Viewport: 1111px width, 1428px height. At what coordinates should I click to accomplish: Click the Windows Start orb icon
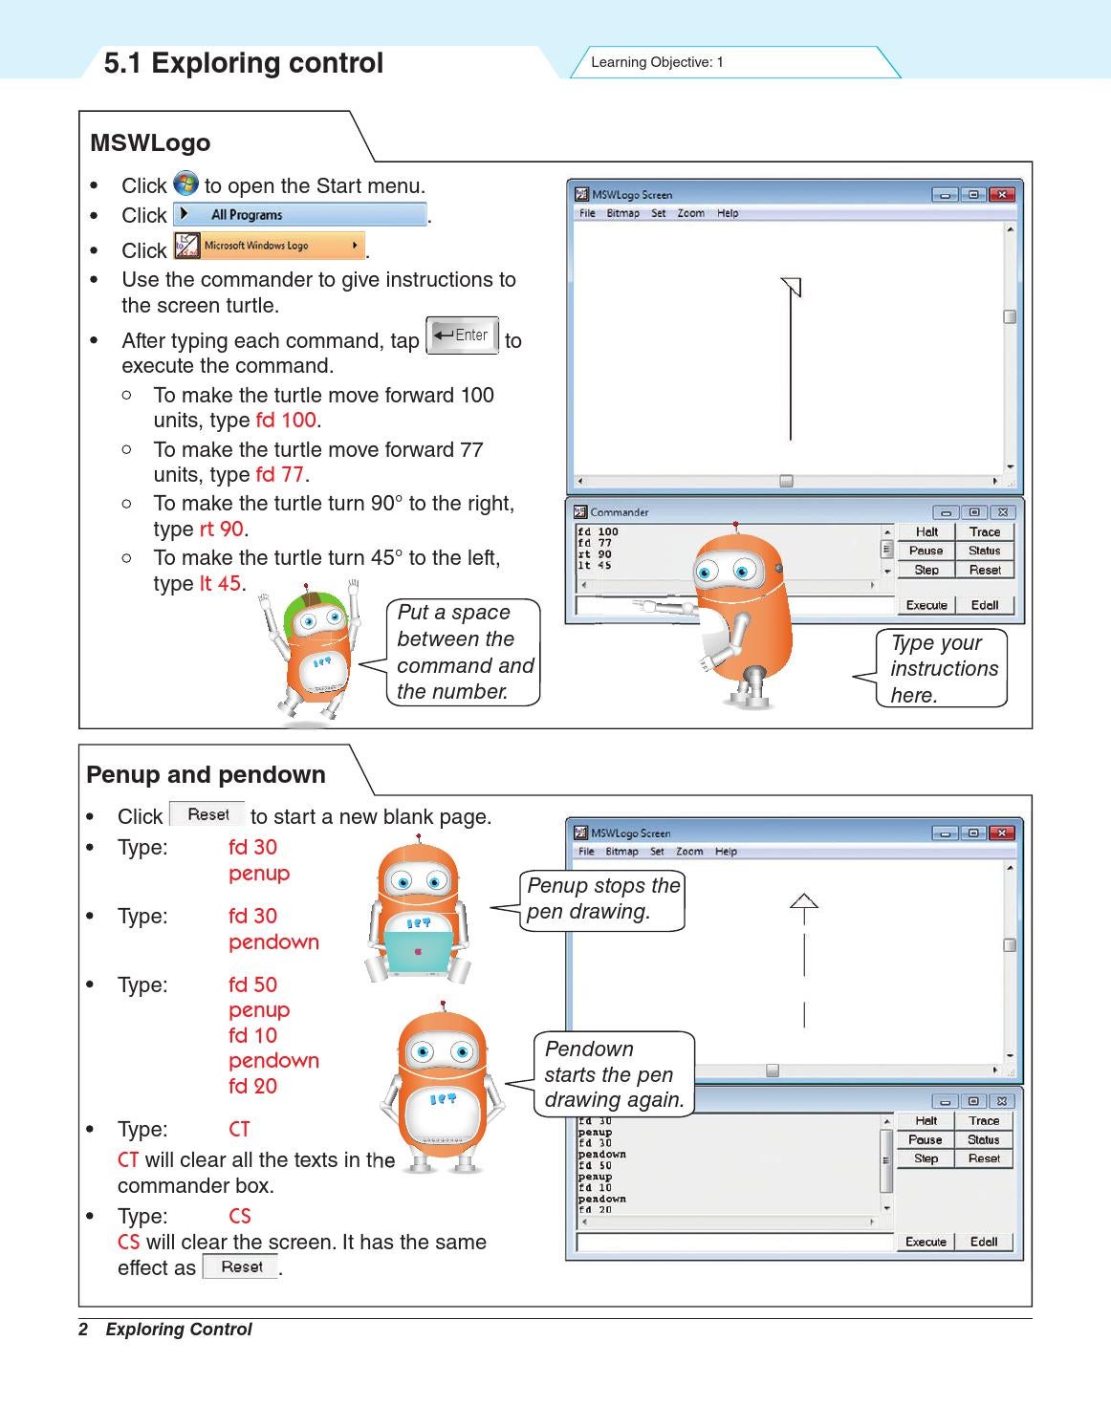pyautogui.click(x=186, y=184)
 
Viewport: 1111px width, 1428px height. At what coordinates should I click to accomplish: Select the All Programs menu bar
pyautogui.click(x=300, y=214)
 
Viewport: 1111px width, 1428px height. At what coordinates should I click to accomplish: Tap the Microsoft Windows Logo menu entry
pyautogui.click(x=270, y=245)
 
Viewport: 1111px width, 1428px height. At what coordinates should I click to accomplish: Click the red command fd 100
pyautogui.click(x=286, y=420)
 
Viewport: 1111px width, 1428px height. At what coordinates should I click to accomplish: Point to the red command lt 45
pyautogui.click(x=220, y=583)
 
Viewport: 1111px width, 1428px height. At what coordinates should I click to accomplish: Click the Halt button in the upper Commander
pyautogui.click(x=926, y=531)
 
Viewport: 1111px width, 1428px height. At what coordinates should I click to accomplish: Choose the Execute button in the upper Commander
pyautogui.click(x=926, y=605)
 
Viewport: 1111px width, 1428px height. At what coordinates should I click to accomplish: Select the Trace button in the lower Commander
pyautogui.click(x=984, y=1120)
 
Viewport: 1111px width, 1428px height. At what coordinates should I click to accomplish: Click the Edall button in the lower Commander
pyautogui.click(x=984, y=1242)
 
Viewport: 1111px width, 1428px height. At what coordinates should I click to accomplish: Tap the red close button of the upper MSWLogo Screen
pyautogui.click(x=1002, y=195)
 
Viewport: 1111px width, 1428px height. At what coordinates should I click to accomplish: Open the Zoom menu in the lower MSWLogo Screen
pyautogui.click(x=689, y=851)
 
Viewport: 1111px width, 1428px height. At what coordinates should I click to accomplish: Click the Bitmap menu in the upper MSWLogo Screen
pyautogui.click(x=622, y=213)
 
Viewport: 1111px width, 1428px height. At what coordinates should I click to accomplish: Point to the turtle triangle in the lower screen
pyautogui.click(x=804, y=901)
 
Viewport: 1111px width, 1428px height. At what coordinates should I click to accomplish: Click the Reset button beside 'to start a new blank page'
pyautogui.click(x=207, y=814)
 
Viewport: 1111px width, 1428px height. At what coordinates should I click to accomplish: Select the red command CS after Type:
pyautogui.click(x=239, y=1216)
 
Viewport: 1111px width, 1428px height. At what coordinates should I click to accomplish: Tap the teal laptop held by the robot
pyautogui.click(x=418, y=952)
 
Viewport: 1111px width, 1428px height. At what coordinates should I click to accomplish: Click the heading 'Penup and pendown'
pyautogui.click(x=206, y=774)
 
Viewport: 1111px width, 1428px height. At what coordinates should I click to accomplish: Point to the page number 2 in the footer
pyautogui.click(x=83, y=1329)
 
